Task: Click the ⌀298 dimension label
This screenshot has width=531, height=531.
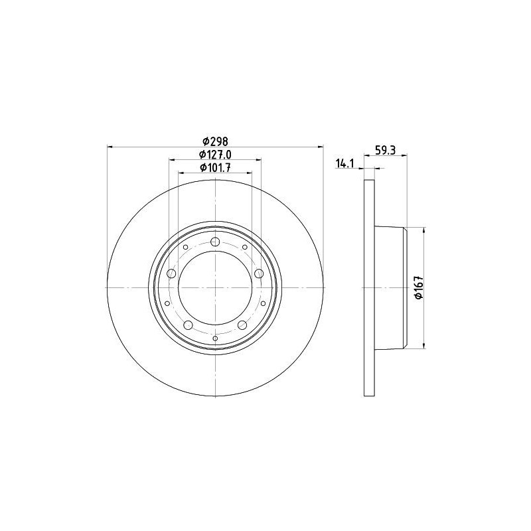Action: pos(215,141)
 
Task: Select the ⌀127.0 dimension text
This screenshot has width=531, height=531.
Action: pos(215,155)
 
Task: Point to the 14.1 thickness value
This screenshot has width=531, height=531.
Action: pos(344,163)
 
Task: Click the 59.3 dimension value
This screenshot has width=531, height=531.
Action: pos(386,150)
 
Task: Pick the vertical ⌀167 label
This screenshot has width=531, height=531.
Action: pos(419,287)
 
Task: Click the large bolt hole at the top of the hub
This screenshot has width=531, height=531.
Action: pos(215,242)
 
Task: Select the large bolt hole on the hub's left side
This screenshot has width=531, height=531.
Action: pos(172,273)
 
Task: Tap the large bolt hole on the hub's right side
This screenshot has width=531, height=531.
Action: pos(259,273)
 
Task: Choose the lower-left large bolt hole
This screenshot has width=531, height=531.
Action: pos(188,325)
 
